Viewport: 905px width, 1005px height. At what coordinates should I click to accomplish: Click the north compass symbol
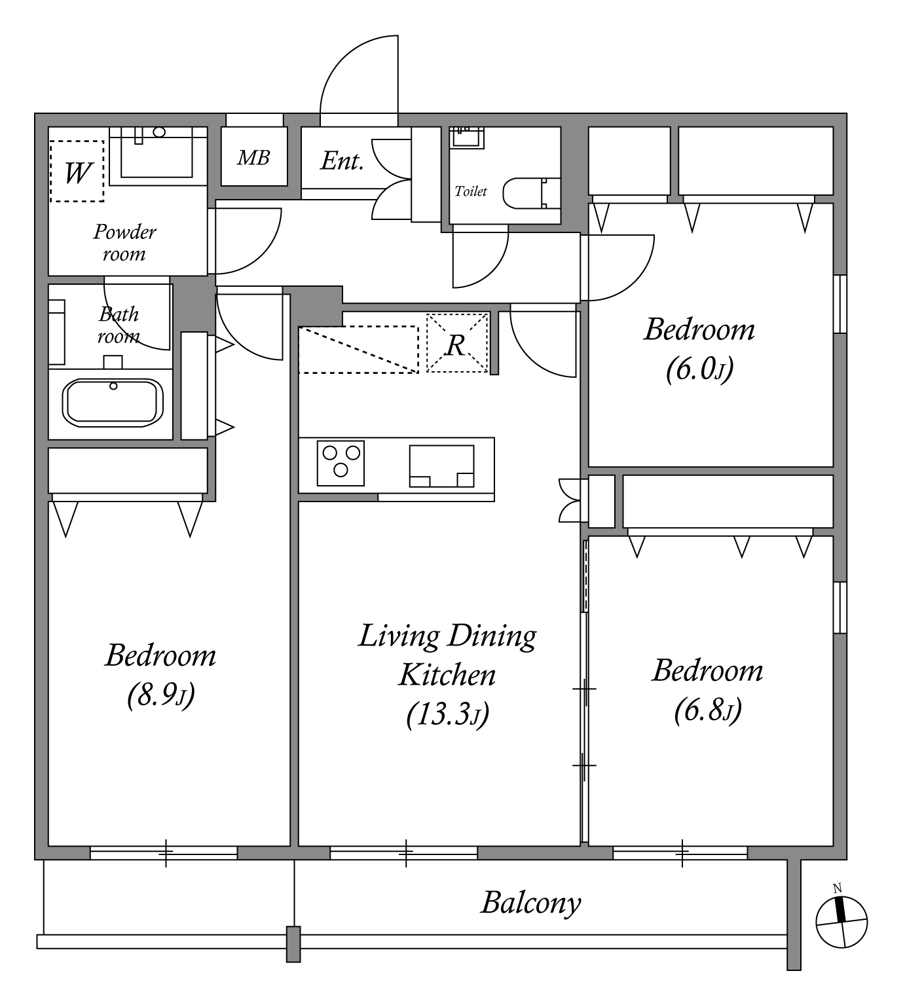pos(841,921)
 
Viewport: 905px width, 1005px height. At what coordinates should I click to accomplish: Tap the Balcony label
pos(531,904)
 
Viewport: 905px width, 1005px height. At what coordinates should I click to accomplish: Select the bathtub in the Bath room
pos(113,402)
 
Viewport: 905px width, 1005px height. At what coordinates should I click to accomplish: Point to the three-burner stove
pos(341,463)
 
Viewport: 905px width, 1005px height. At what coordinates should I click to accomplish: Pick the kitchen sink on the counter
pos(442,466)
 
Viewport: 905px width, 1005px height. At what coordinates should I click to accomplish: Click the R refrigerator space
pos(457,343)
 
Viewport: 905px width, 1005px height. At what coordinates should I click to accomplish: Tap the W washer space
pos(77,172)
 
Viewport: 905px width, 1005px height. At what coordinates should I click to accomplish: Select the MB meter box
pos(253,157)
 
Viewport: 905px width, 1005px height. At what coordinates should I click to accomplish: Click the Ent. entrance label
pos(342,161)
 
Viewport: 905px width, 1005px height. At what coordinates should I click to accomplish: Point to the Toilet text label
pos(471,191)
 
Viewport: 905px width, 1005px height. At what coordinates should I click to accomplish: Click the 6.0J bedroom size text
pos(699,370)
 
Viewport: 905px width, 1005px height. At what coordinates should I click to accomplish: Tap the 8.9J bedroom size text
pos(160,695)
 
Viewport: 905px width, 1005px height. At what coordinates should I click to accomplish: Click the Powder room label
pos(124,242)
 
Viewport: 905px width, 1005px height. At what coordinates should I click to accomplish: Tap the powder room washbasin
pos(157,153)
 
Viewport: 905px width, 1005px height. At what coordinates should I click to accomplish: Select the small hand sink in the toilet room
pos(467,136)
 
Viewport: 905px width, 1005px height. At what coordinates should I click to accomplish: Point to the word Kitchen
pos(447,675)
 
